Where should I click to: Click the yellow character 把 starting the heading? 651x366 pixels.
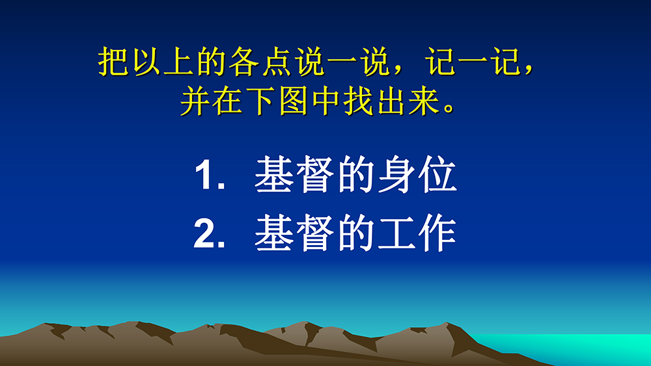113,62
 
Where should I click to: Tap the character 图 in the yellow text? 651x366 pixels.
293,101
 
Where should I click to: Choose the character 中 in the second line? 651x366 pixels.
326,101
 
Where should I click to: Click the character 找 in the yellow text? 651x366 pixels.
359,101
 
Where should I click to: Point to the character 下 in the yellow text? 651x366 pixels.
261,101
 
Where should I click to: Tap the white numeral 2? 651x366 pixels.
204,233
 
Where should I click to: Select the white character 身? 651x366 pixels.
397,174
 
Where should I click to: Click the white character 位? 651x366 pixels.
438,174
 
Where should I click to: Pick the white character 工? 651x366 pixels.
397,233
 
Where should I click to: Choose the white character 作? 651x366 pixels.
438,233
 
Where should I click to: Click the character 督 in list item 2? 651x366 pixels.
314,233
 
